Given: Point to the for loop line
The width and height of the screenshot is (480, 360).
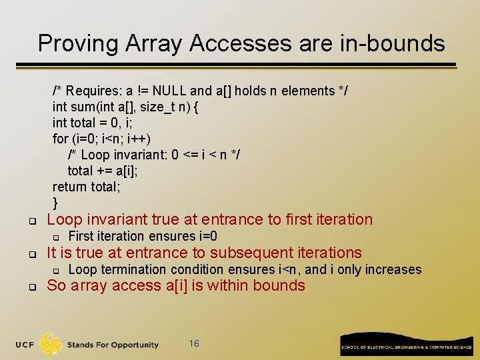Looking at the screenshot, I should pos(101,139).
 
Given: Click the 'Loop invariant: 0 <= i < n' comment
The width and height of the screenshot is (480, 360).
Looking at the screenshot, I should pos(153,155).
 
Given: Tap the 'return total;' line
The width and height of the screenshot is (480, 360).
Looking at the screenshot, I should pos(87,187).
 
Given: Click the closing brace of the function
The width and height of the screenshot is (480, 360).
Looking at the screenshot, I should pos(55,203).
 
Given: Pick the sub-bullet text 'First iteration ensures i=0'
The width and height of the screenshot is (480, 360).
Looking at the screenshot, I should pos(143,236).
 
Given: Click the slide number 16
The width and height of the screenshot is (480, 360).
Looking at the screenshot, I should pos(194,343).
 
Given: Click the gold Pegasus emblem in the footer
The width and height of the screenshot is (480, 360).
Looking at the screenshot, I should pos(51,343).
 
